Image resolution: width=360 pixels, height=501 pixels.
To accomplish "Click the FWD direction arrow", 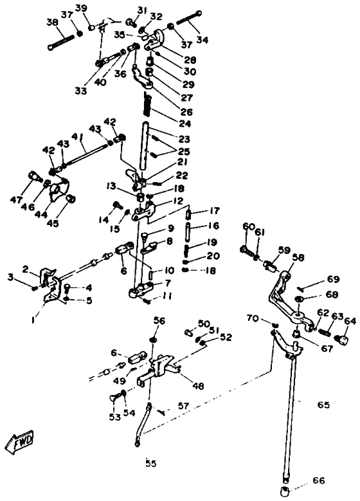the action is point(19,442).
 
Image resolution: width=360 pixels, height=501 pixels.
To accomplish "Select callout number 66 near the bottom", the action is point(318,480).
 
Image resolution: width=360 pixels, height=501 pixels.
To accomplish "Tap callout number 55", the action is point(151,463).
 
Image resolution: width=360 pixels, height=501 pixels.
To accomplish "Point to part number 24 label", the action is point(185,123).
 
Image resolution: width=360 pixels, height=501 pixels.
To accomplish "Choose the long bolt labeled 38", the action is point(61,41).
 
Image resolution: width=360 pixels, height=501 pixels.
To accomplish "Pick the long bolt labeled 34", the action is point(188,18).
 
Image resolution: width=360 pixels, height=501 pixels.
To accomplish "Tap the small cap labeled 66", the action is point(285,491).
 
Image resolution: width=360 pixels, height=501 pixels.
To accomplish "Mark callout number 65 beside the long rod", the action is point(323,405).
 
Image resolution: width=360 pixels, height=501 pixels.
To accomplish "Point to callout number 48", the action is point(199,387).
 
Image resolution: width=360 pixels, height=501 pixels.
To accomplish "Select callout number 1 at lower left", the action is point(33,320).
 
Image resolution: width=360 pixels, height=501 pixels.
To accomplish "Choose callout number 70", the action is point(253,318).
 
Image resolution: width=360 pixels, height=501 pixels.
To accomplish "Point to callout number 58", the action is point(298,257).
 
